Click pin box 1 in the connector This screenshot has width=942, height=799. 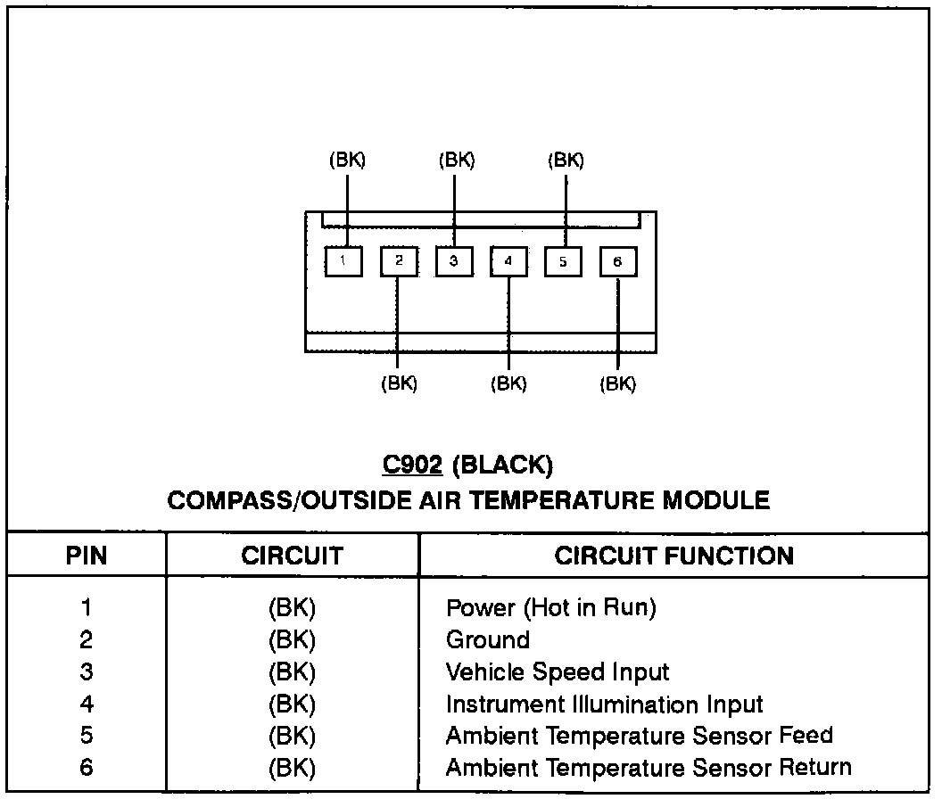(x=343, y=262)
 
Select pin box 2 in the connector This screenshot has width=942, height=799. (x=399, y=262)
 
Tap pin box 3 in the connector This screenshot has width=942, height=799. (x=454, y=262)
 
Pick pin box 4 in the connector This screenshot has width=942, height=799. (x=508, y=262)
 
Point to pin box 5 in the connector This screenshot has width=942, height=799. (x=564, y=262)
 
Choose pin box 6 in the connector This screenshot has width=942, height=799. (x=618, y=262)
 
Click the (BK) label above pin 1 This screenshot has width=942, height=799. (x=347, y=161)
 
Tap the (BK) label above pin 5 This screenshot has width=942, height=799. (x=566, y=161)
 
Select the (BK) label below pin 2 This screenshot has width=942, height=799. (x=399, y=384)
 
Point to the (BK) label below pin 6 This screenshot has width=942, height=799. (x=617, y=384)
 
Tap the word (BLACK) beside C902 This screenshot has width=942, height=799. (x=503, y=465)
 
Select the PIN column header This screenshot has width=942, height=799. (x=87, y=556)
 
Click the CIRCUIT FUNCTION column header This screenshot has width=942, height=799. (x=673, y=556)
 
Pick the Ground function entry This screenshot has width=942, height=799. (x=487, y=640)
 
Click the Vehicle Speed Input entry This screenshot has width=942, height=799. (x=557, y=672)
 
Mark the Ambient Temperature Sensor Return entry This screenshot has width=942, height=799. (x=648, y=767)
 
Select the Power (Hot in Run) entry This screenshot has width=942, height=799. (x=550, y=609)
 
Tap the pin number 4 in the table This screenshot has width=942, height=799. (x=87, y=704)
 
